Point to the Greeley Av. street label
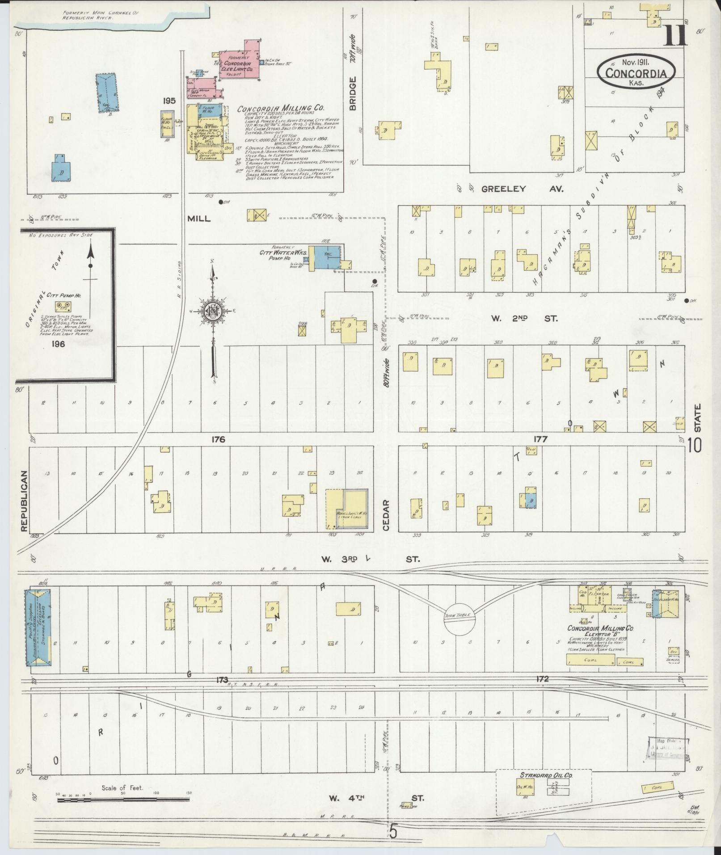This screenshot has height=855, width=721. click(522, 189)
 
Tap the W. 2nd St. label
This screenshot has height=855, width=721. click(525, 319)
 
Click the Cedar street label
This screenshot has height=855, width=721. click(386, 515)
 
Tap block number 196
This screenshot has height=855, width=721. click(58, 344)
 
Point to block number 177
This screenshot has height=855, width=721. click(540, 439)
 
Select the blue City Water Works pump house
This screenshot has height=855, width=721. click(327, 257)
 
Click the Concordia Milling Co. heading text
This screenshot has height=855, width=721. click(280, 109)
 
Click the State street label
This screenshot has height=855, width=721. click(698, 418)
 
